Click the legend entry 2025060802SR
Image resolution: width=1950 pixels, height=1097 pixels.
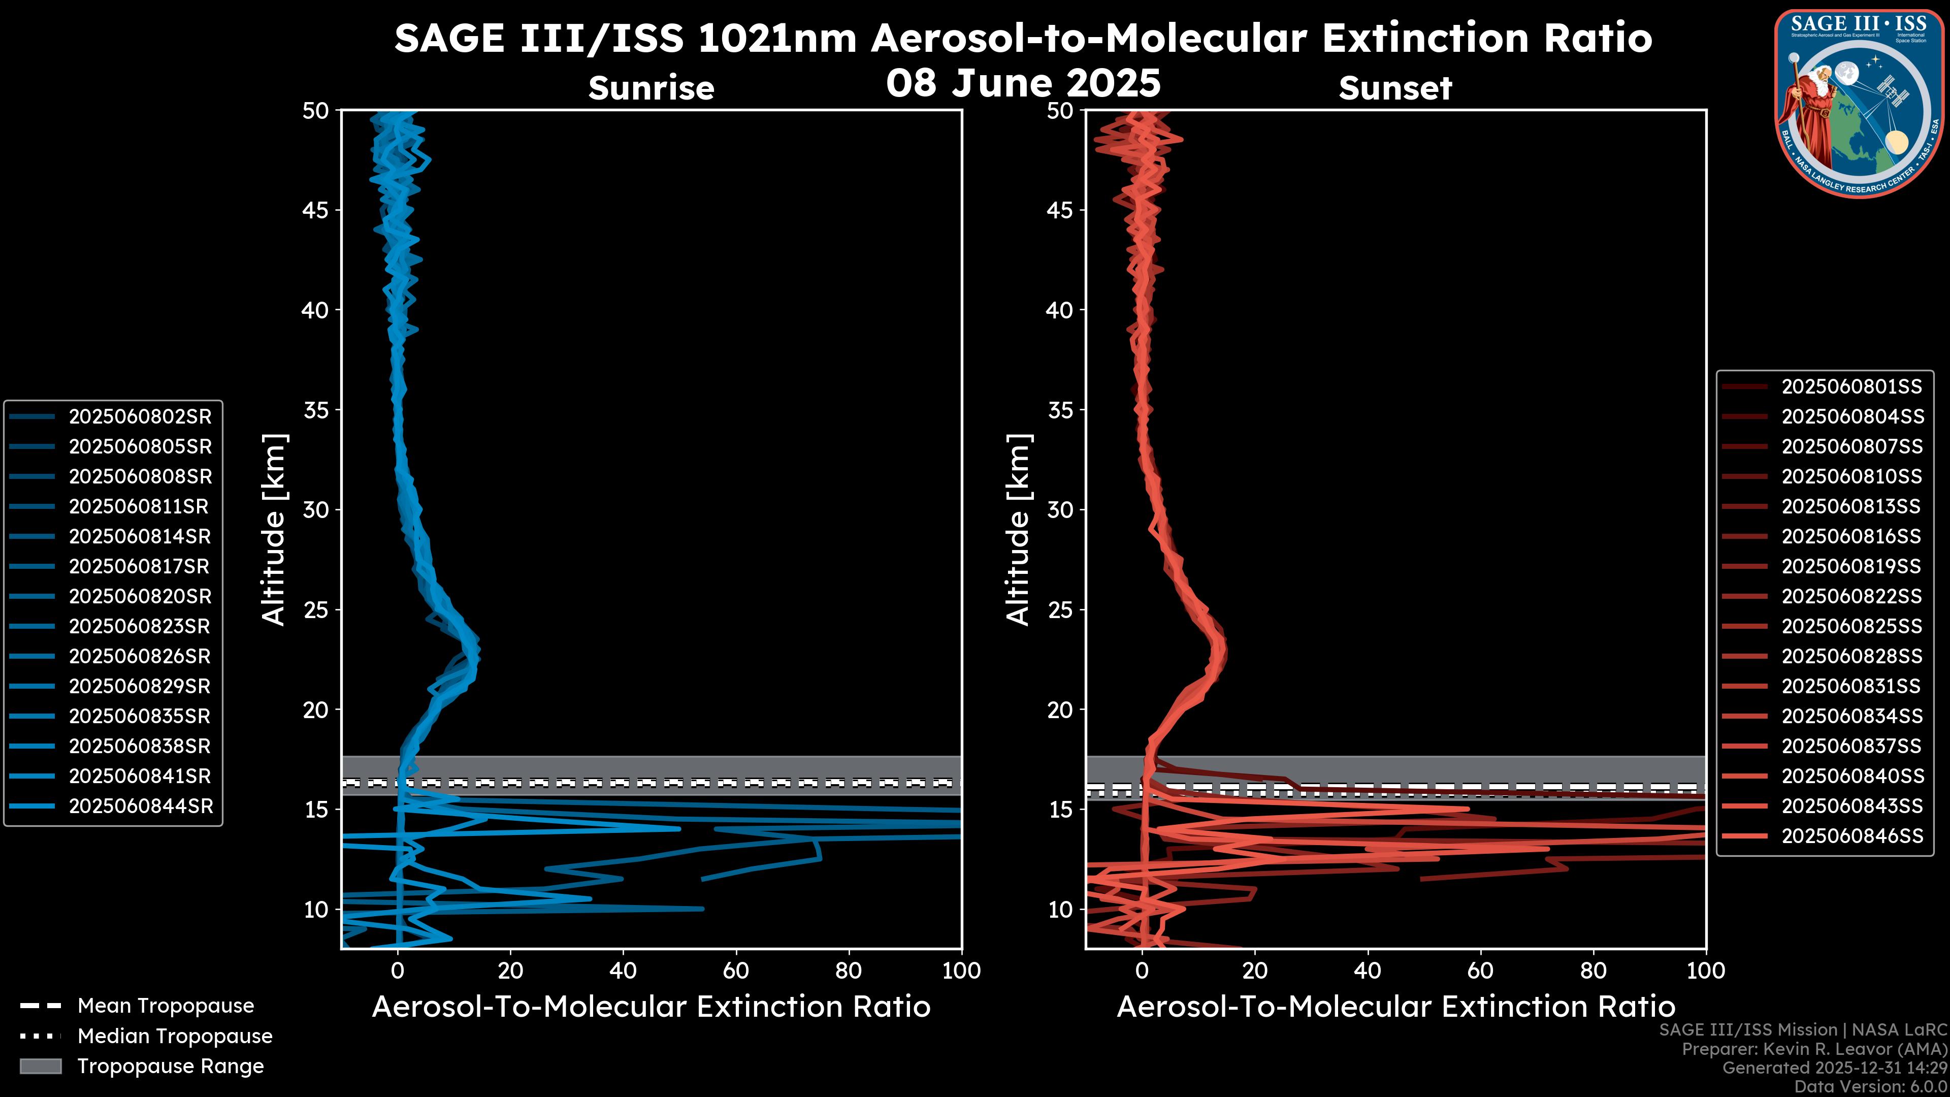(x=140, y=416)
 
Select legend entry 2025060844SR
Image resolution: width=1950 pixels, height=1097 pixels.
(x=140, y=806)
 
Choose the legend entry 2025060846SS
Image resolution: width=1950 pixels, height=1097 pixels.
(x=1851, y=836)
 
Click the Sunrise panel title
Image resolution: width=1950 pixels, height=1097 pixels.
(x=651, y=88)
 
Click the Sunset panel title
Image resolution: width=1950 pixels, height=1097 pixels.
(x=1395, y=88)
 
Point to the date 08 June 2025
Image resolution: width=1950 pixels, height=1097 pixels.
(x=1023, y=83)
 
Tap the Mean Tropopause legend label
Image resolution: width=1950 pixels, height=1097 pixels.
(x=166, y=1006)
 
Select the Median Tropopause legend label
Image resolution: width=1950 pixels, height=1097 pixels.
(x=175, y=1036)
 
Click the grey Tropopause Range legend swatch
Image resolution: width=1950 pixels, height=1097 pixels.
(x=41, y=1066)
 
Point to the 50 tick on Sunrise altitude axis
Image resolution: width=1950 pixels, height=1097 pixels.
(x=316, y=111)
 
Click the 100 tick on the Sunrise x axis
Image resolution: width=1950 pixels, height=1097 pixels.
(x=961, y=971)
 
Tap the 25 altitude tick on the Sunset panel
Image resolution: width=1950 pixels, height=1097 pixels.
(x=1060, y=609)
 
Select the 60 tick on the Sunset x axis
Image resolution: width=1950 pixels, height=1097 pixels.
(x=1480, y=971)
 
